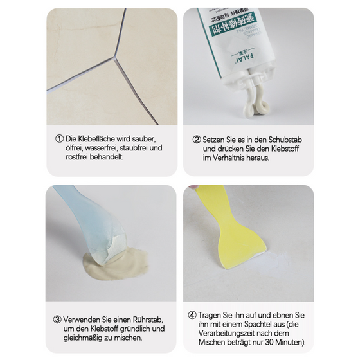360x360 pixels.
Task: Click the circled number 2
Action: pos(197,139)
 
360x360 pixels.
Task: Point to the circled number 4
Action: pos(192,315)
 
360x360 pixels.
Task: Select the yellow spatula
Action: pos(219,225)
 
